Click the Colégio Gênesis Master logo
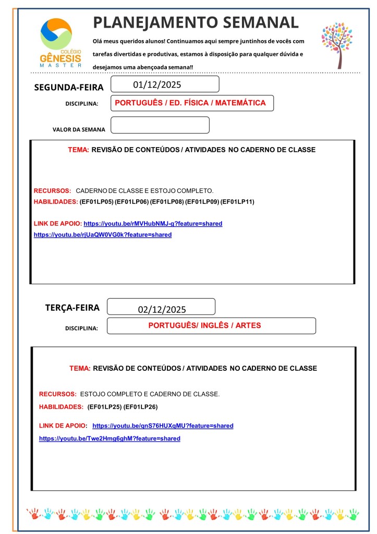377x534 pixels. tap(60, 42)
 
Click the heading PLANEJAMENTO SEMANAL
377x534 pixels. tap(196, 22)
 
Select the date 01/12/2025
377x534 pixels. tap(157, 84)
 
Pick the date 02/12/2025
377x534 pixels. tap(162, 309)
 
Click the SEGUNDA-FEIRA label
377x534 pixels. tap(69, 87)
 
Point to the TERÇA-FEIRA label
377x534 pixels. tap(72, 308)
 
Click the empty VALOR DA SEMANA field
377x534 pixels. tap(160, 125)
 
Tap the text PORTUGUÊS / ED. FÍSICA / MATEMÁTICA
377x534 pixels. tap(190, 103)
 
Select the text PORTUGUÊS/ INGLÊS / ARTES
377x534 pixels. tap(204, 325)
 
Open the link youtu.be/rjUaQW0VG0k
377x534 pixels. tap(103, 235)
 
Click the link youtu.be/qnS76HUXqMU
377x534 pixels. tap(163, 426)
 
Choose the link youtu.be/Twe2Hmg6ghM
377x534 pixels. tap(110, 439)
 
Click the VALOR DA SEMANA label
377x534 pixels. tap(79, 129)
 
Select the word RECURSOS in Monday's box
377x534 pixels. tap(52, 191)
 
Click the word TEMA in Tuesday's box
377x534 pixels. tap(80, 369)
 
